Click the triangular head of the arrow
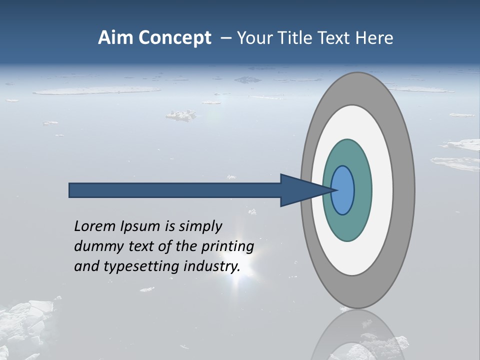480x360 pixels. click(x=300, y=190)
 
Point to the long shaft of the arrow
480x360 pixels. click(x=175, y=190)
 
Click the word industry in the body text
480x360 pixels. click(x=212, y=266)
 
